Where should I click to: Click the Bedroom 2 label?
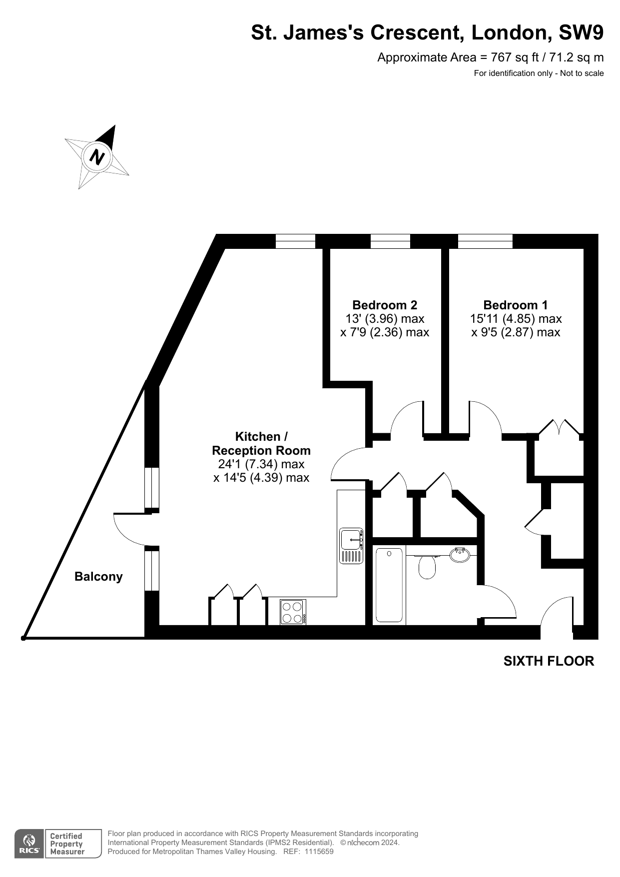(x=385, y=305)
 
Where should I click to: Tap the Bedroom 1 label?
(x=516, y=305)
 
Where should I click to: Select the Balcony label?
(x=98, y=577)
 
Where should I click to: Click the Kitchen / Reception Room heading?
(x=261, y=443)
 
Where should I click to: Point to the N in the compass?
(x=97, y=157)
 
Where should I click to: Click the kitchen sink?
(x=351, y=546)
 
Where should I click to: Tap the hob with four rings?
(x=293, y=612)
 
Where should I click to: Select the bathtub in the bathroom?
(x=389, y=585)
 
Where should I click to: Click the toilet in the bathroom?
(x=427, y=566)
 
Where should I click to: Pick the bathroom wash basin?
(x=460, y=555)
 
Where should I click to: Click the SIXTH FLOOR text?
(x=549, y=661)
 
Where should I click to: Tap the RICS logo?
(x=29, y=844)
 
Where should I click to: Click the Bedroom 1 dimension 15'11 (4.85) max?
(x=516, y=318)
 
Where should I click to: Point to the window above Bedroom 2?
(x=390, y=241)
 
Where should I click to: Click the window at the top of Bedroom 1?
(x=485, y=241)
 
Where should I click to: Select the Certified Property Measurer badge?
(x=73, y=844)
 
